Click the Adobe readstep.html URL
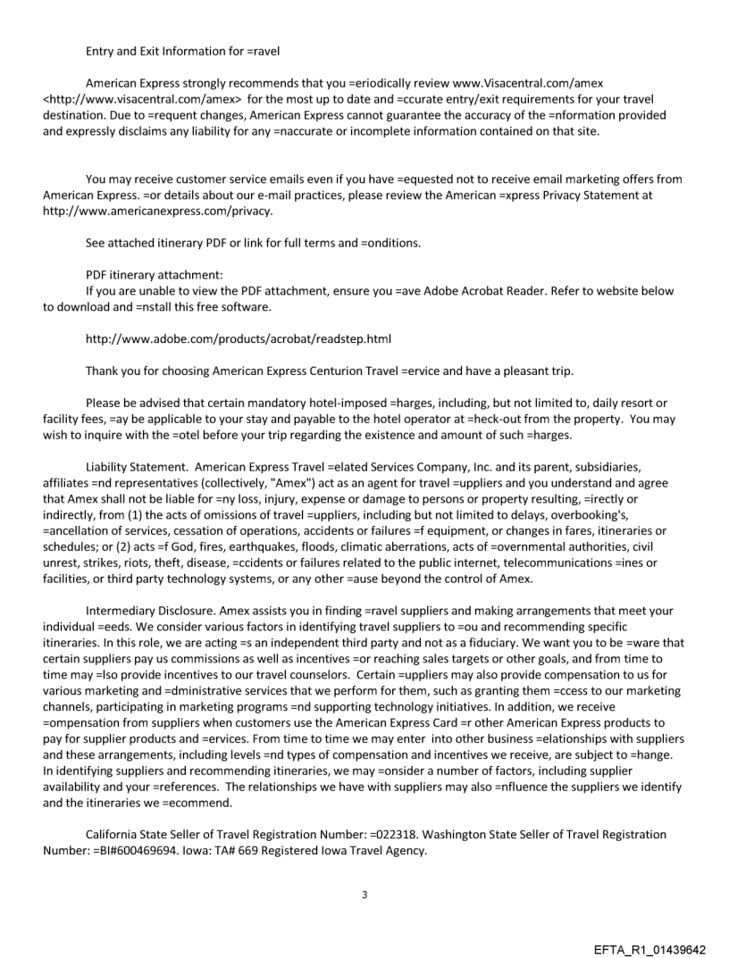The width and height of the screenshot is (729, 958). (239, 339)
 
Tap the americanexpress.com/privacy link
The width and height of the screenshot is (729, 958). (157, 212)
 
